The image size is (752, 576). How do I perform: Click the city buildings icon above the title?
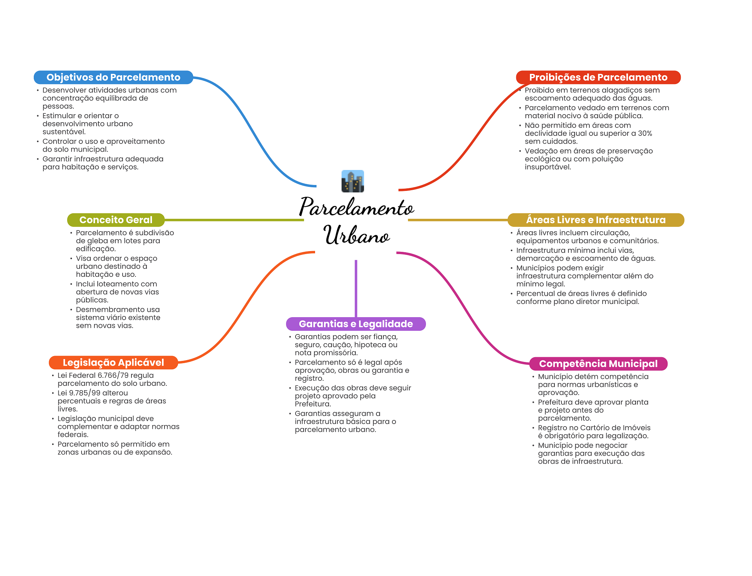352,181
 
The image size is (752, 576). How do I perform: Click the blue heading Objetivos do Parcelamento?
113,77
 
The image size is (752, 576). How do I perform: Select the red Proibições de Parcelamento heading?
598,77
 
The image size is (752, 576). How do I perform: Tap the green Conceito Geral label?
116,220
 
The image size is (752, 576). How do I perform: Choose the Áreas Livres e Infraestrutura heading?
596,220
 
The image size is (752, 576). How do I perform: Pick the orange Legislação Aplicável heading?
113,363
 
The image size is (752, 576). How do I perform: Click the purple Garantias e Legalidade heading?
356,324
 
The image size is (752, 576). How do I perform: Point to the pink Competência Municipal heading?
598,364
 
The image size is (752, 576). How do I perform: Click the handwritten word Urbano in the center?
357,235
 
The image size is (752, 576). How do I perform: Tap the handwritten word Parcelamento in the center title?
357,207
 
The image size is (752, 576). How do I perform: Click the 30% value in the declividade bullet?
645,133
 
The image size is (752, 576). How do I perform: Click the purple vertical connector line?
356,289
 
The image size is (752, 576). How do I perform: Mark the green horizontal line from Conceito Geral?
234,220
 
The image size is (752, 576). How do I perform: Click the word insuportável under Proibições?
548,167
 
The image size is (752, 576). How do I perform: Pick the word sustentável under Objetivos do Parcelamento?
64,132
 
